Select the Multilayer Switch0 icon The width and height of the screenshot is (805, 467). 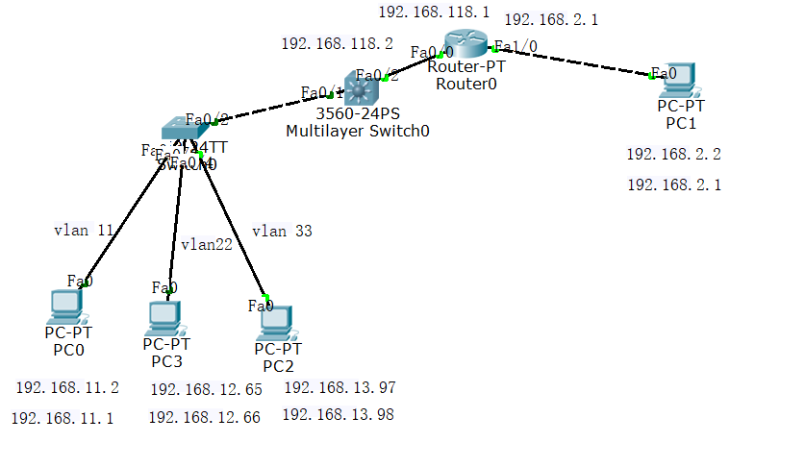tap(363, 91)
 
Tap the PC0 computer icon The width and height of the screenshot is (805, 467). tap(65, 305)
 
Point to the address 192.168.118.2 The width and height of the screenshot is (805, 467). tap(337, 43)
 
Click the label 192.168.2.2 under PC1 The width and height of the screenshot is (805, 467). tap(673, 154)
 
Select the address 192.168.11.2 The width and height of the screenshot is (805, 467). tap(67, 387)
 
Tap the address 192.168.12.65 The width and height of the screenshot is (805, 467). tap(206, 389)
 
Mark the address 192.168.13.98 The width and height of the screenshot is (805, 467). tap(338, 415)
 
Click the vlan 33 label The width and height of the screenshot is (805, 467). tap(282, 231)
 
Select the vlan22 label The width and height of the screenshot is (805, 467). tap(207, 244)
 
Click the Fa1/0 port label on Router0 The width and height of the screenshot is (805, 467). tap(516, 45)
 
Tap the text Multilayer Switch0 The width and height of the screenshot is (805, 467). tap(358, 132)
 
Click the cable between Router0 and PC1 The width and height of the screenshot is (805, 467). tap(577, 61)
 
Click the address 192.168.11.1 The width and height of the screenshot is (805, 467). tap(63, 418)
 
